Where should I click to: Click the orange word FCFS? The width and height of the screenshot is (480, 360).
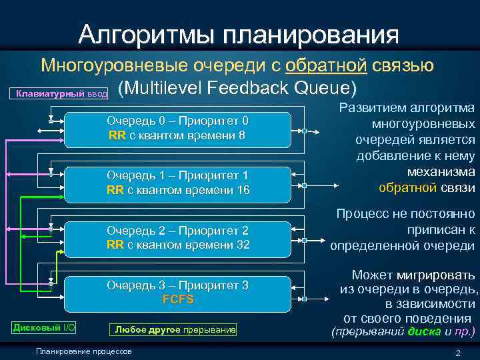pyautogui.click(x=177, y=299)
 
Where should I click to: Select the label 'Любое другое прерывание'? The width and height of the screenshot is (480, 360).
pyautogui.click(x=175, y=329)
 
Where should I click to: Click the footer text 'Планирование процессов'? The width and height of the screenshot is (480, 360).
pyautogui.click(x=84, y=351)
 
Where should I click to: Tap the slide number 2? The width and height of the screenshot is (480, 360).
pyautogui.click(x=457, y=353)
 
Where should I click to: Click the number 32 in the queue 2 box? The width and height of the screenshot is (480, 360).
pyautogui.click(x=242, y=245)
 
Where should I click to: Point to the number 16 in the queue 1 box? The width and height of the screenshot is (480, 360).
pyautogui.click(x=242, y=190)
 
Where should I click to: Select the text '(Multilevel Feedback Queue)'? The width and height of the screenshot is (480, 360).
pyautogui.click(x=237, y=87)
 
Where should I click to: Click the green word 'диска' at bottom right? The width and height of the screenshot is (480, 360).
pyautogui.click(x=424, y=331)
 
